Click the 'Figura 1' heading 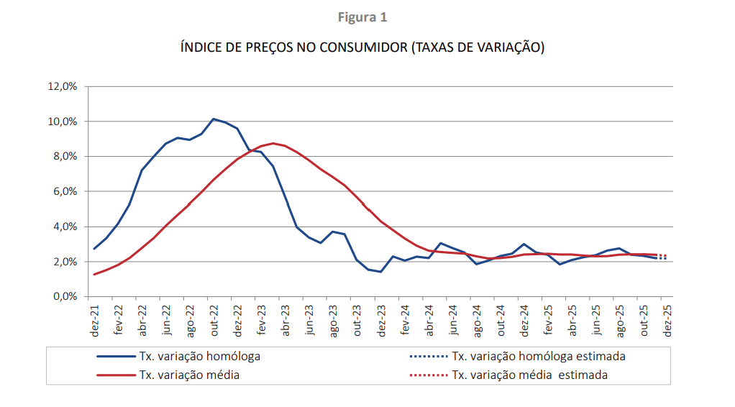367,17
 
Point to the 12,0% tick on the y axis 62,86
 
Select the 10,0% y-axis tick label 62,122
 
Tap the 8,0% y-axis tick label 64,157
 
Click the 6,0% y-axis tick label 64,191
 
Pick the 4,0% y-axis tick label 64,227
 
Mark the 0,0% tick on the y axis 64,296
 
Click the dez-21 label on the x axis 95,319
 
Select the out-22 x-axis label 214,319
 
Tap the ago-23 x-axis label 334,319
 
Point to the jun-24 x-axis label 453,319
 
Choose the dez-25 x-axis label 667,319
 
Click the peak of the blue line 214,119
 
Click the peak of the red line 273,143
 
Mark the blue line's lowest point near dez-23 380,272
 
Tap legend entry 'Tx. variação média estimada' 529,375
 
